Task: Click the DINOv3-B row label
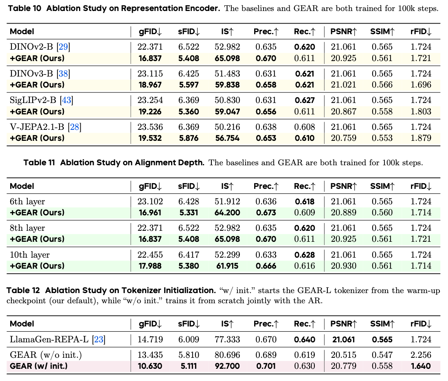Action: coord(31,74)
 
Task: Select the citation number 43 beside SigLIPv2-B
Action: coord(66,100)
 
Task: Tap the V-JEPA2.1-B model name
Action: coord(37,127)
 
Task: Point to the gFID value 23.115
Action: coord(150,74)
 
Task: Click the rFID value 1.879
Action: coord(421,138)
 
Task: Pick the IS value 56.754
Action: coord(227,138)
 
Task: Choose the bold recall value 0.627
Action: coord(305,100)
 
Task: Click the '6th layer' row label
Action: coord(27,201)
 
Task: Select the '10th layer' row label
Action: coord(30,255)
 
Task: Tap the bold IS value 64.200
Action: coord(227,213)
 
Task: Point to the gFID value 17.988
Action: coord(150,266)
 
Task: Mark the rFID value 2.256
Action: coord(421,355)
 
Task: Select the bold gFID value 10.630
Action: coord(150,366)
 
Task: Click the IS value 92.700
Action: coord(227,366)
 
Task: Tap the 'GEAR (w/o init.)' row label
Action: coord(46,355)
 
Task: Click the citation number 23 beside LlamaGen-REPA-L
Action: coord(99,339)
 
